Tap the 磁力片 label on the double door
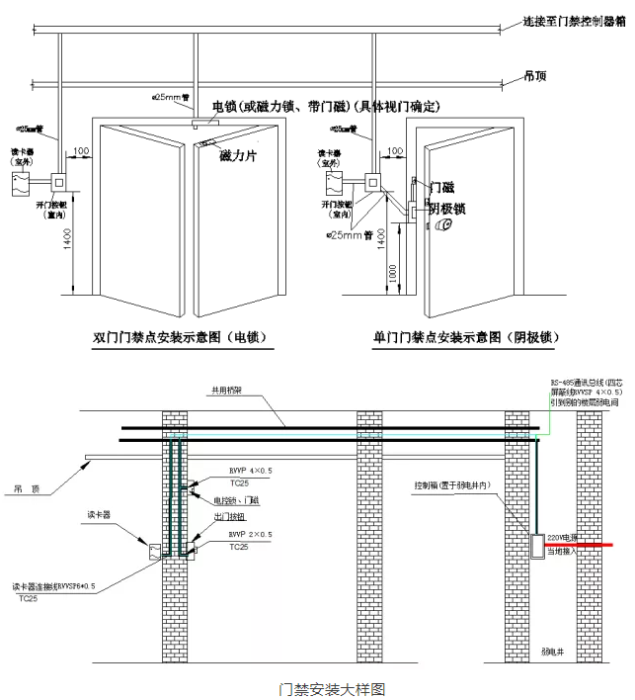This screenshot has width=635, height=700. click(x=237, y=156)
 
